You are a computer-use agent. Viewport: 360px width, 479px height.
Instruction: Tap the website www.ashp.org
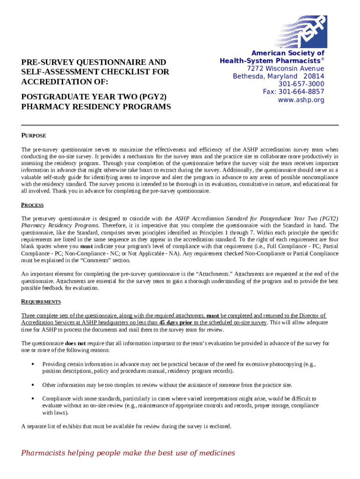tap(301, 100)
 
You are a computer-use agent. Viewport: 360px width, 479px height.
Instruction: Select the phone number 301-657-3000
tap(301, 84)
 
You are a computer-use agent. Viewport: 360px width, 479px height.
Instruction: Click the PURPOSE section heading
tap(34, 136)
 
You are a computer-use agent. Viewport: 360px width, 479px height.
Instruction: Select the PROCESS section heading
tap(33, 205)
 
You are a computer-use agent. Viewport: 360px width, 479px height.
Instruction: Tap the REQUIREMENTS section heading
tap(41, 302)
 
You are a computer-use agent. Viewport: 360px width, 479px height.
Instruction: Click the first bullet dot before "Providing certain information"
tap(32, 364)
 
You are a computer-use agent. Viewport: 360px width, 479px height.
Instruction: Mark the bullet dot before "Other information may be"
tap(32, 385)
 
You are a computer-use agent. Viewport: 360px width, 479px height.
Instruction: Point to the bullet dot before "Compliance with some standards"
tap(32, 399)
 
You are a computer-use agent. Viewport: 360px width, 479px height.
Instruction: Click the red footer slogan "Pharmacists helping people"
tap(128, 453)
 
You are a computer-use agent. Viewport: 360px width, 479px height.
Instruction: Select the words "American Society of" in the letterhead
tap(288, 54)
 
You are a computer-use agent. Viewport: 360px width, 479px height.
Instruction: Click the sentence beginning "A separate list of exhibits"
tap(126, 426)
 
